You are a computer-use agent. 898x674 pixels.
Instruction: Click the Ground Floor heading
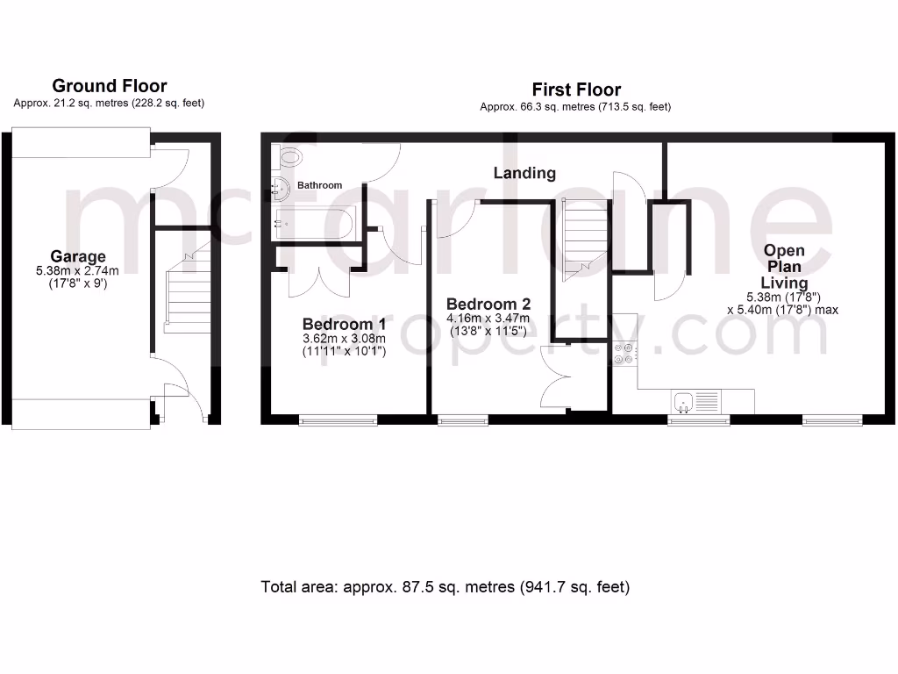[110, 86]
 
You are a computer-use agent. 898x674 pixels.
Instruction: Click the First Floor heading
[576, 90]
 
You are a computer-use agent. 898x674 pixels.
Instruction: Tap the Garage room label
[78, 257]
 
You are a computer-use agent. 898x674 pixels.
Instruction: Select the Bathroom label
[319, 186]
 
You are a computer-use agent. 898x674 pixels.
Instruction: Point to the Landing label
[524, 173]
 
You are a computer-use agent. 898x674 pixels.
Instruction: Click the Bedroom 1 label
[344, 324]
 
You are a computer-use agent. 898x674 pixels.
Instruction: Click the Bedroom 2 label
[488, 305]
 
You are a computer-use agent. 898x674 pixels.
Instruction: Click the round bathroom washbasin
[282, 187]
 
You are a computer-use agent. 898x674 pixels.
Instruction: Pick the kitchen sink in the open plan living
[695, 402]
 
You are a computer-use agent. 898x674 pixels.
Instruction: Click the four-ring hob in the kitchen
[625, 353]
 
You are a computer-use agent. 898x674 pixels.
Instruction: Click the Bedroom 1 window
[339, 420]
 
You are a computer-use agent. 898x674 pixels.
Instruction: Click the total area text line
[445, 587]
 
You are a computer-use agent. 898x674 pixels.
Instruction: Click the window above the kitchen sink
[698, 420]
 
